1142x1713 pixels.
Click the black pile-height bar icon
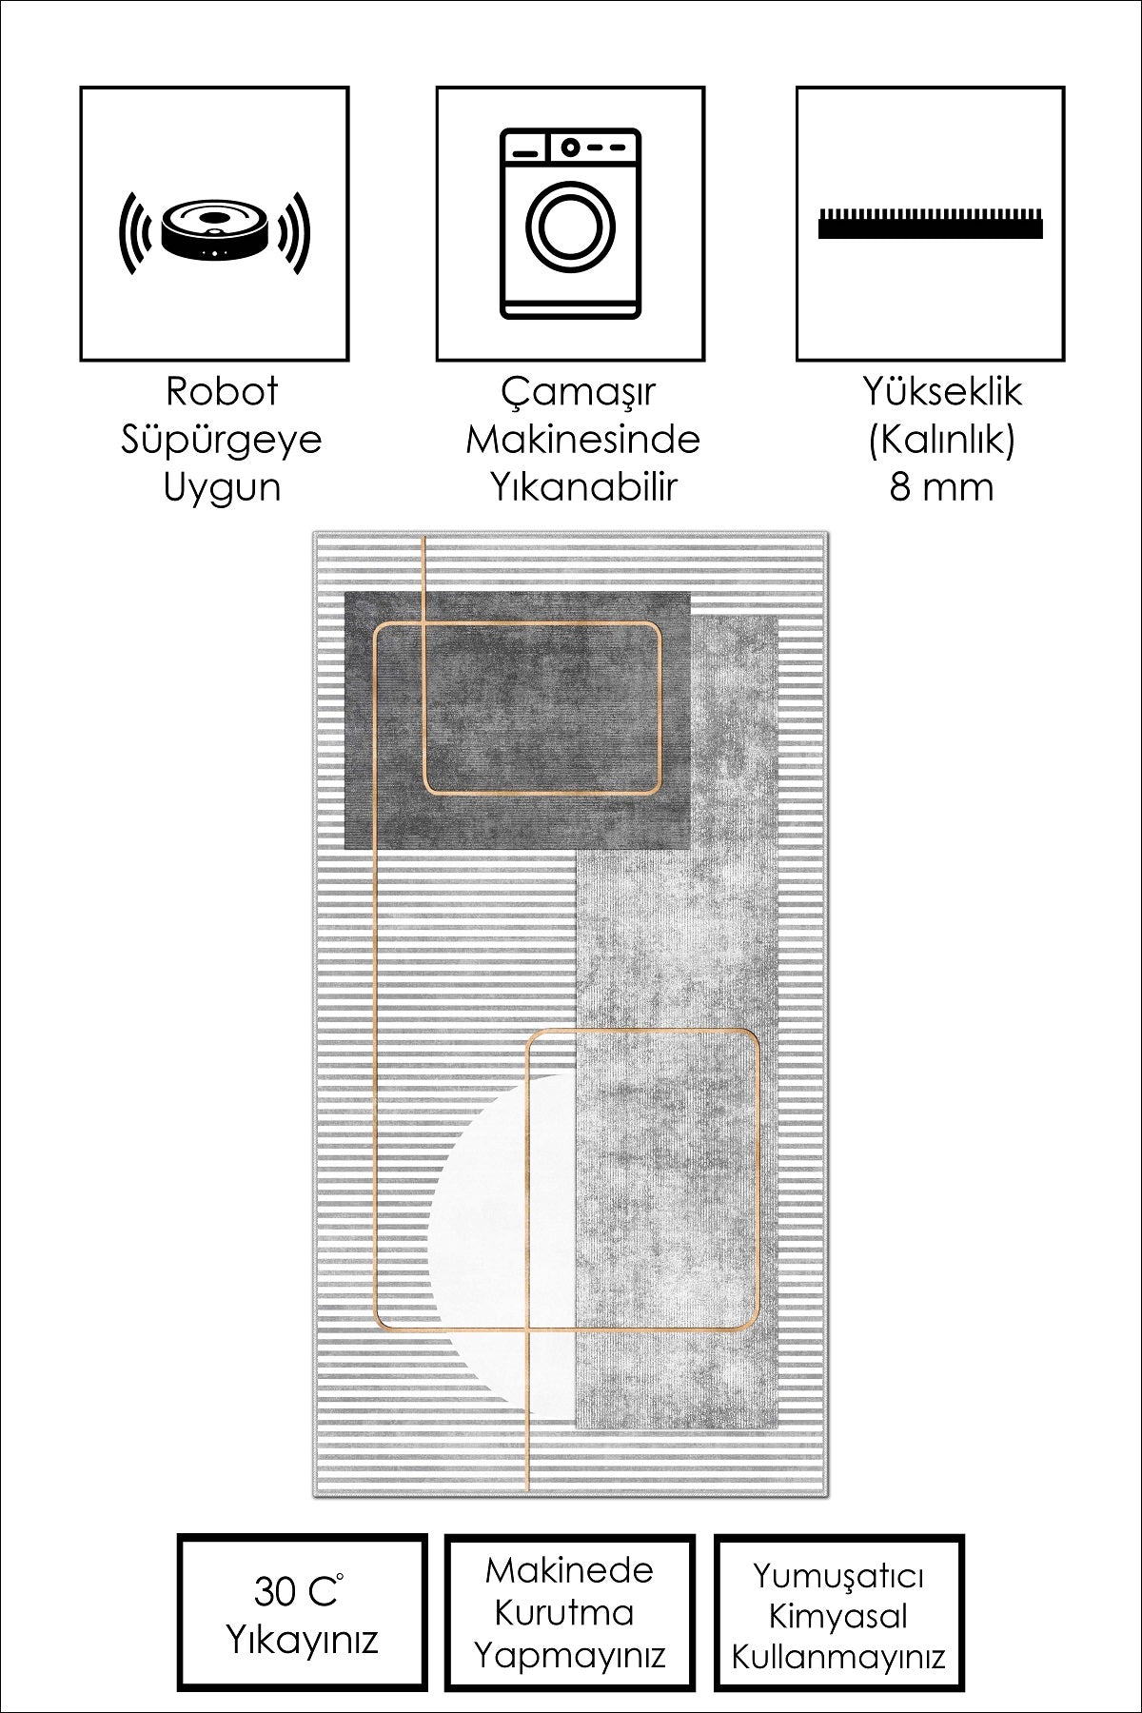click(x=930, y=223)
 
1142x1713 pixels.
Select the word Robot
click(x=222, y=391)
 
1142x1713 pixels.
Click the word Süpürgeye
click(x=221, y=440)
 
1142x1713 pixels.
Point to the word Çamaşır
click(x=580, y=392)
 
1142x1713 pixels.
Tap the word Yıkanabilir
click(x=582, y=487)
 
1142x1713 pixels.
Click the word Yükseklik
click(x=941, y=391)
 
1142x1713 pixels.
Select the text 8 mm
click(x=941, y=487)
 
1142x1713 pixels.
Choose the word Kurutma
click(x=569, y=1612)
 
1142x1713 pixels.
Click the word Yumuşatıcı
click(x=838, y=1576)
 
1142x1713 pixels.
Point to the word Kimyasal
click(x=837, y=1617)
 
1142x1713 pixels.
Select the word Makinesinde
click(x=582, y=440)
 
